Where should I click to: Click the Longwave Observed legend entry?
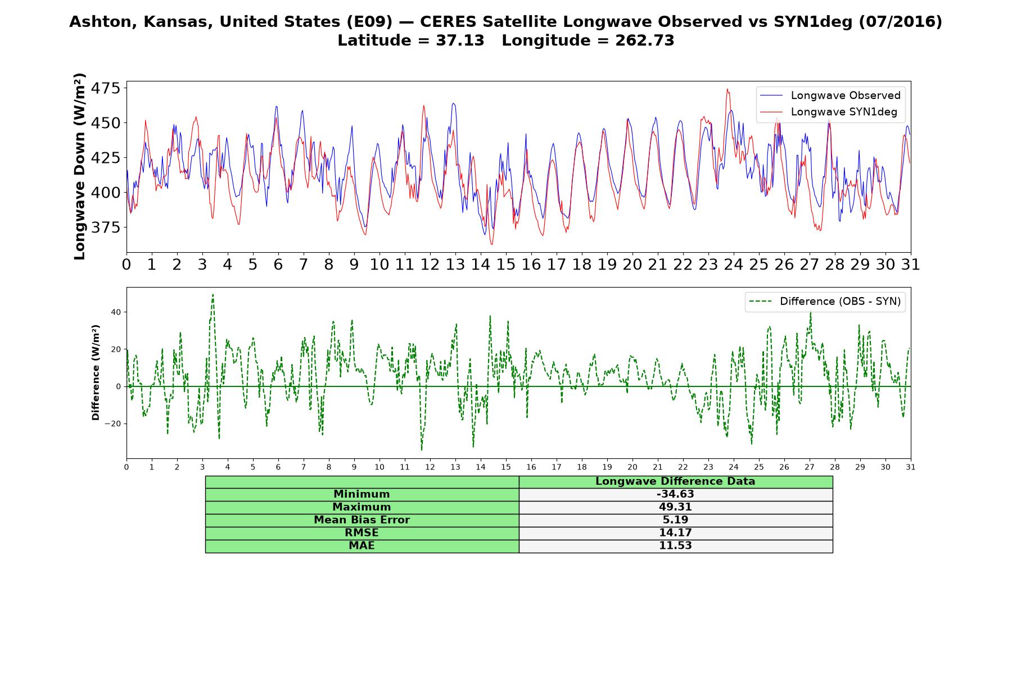(x=830, y=95)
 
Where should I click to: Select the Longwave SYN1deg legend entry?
(x=829, y=112)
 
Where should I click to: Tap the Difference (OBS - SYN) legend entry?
(x=825, y=302)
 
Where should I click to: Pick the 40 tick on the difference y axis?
(x=115, y=312)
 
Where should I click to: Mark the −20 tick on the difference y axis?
(x=112, y=423)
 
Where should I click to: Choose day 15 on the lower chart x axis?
(x=506, y=467)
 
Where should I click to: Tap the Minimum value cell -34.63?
(x=675, y=494)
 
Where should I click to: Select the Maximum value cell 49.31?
(x=675, y=507)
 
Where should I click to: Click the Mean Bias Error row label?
(x=362, y=520)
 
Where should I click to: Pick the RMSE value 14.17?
(x=675, y=533)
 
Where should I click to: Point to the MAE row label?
(x=362, y=546)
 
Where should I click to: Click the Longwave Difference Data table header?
(x=675, y=481)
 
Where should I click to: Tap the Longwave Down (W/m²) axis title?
(x=79, y=166)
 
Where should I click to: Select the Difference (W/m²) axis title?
(x=96, y=372)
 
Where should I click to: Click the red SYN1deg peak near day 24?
(x=727, y=89)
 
